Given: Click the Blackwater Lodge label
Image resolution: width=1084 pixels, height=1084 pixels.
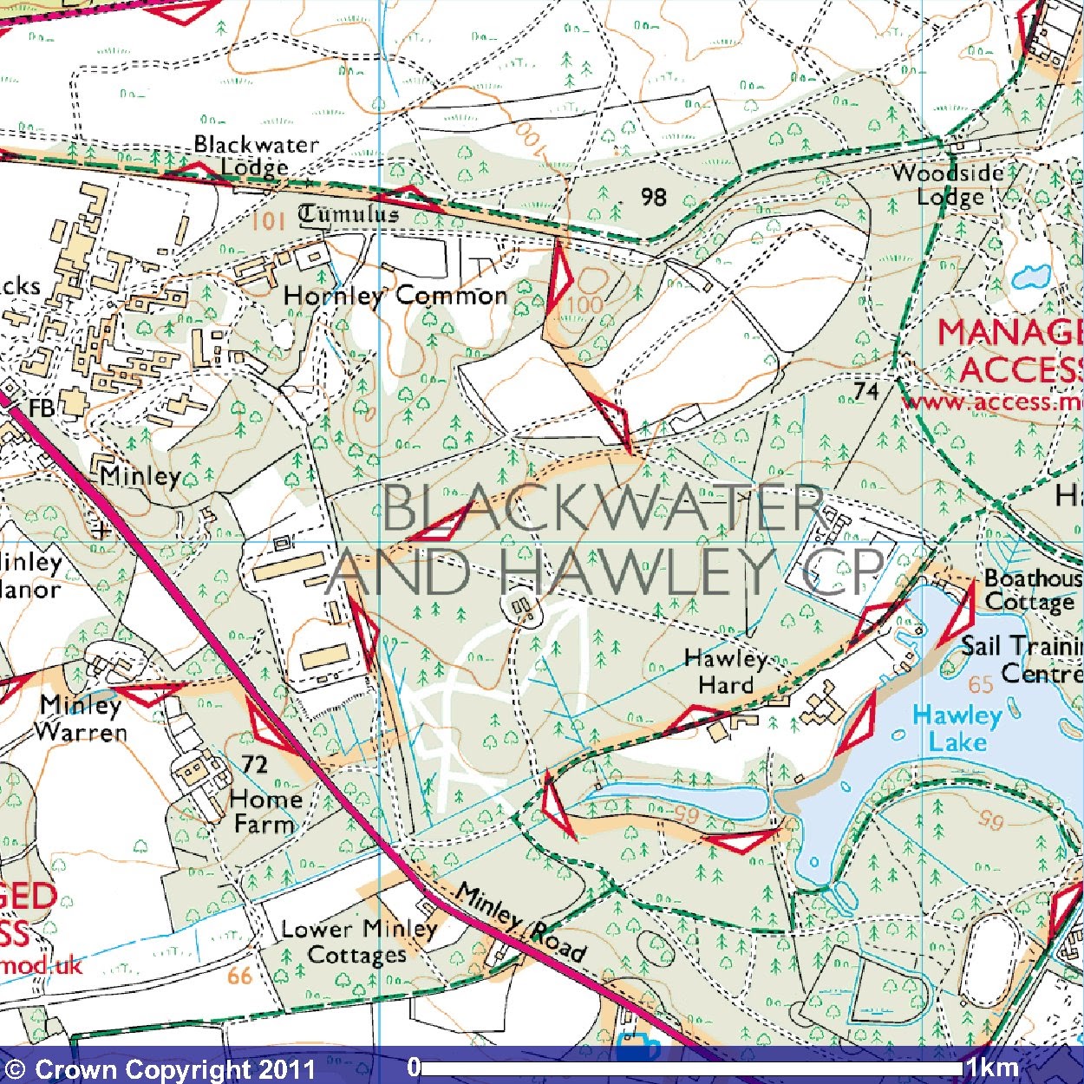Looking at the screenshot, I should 256,155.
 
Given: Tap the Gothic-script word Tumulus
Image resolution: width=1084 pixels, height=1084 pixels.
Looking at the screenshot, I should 349,213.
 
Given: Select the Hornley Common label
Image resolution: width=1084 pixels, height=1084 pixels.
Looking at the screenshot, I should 395,296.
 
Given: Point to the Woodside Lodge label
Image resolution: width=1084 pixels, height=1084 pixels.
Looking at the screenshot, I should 949,185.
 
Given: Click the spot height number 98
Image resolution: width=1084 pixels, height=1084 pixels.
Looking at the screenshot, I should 654,197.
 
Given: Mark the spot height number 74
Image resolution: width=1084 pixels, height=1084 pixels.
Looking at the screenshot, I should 865,391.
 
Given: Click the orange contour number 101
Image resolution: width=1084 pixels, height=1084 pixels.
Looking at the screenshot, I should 268,220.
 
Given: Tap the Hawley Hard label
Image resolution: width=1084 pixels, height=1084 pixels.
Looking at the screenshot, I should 726,672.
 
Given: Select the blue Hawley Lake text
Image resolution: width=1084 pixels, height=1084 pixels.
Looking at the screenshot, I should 957,728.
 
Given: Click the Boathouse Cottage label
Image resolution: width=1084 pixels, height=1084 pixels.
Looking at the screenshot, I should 1032,590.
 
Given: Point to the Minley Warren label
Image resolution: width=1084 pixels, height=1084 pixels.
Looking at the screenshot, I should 81,718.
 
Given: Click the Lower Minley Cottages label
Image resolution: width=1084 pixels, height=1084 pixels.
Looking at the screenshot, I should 358,942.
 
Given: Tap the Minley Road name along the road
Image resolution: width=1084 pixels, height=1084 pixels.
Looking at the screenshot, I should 520,921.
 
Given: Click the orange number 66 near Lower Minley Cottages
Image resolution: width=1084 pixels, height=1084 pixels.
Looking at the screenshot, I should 239,976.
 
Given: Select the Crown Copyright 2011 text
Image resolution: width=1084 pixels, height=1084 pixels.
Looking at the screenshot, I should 160,1068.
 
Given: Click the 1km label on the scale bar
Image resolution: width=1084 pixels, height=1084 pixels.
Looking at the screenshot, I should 992,1067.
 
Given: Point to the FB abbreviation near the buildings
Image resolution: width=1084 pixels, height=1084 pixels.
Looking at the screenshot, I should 41,408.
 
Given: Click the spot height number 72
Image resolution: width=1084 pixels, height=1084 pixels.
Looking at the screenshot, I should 254,764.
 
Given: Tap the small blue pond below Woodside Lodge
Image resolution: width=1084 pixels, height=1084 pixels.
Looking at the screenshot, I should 1030,277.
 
